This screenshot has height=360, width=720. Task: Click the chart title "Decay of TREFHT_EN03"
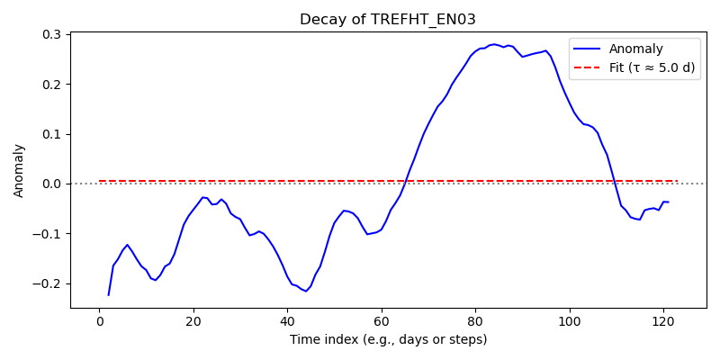click(359, 20)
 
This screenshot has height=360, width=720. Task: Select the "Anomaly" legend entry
click(633, 49)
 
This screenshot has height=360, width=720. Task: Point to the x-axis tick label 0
click(100, 321)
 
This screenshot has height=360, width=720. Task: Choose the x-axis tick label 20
click(193, 321)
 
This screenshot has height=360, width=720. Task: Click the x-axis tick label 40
click(287, 321)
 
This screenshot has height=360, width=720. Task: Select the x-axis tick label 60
click(382, 321)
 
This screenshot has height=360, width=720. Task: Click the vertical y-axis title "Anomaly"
click(18, 170)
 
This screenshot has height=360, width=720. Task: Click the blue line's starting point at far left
click(109, 295)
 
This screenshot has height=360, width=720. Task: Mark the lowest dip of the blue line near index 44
click(306, 291)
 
